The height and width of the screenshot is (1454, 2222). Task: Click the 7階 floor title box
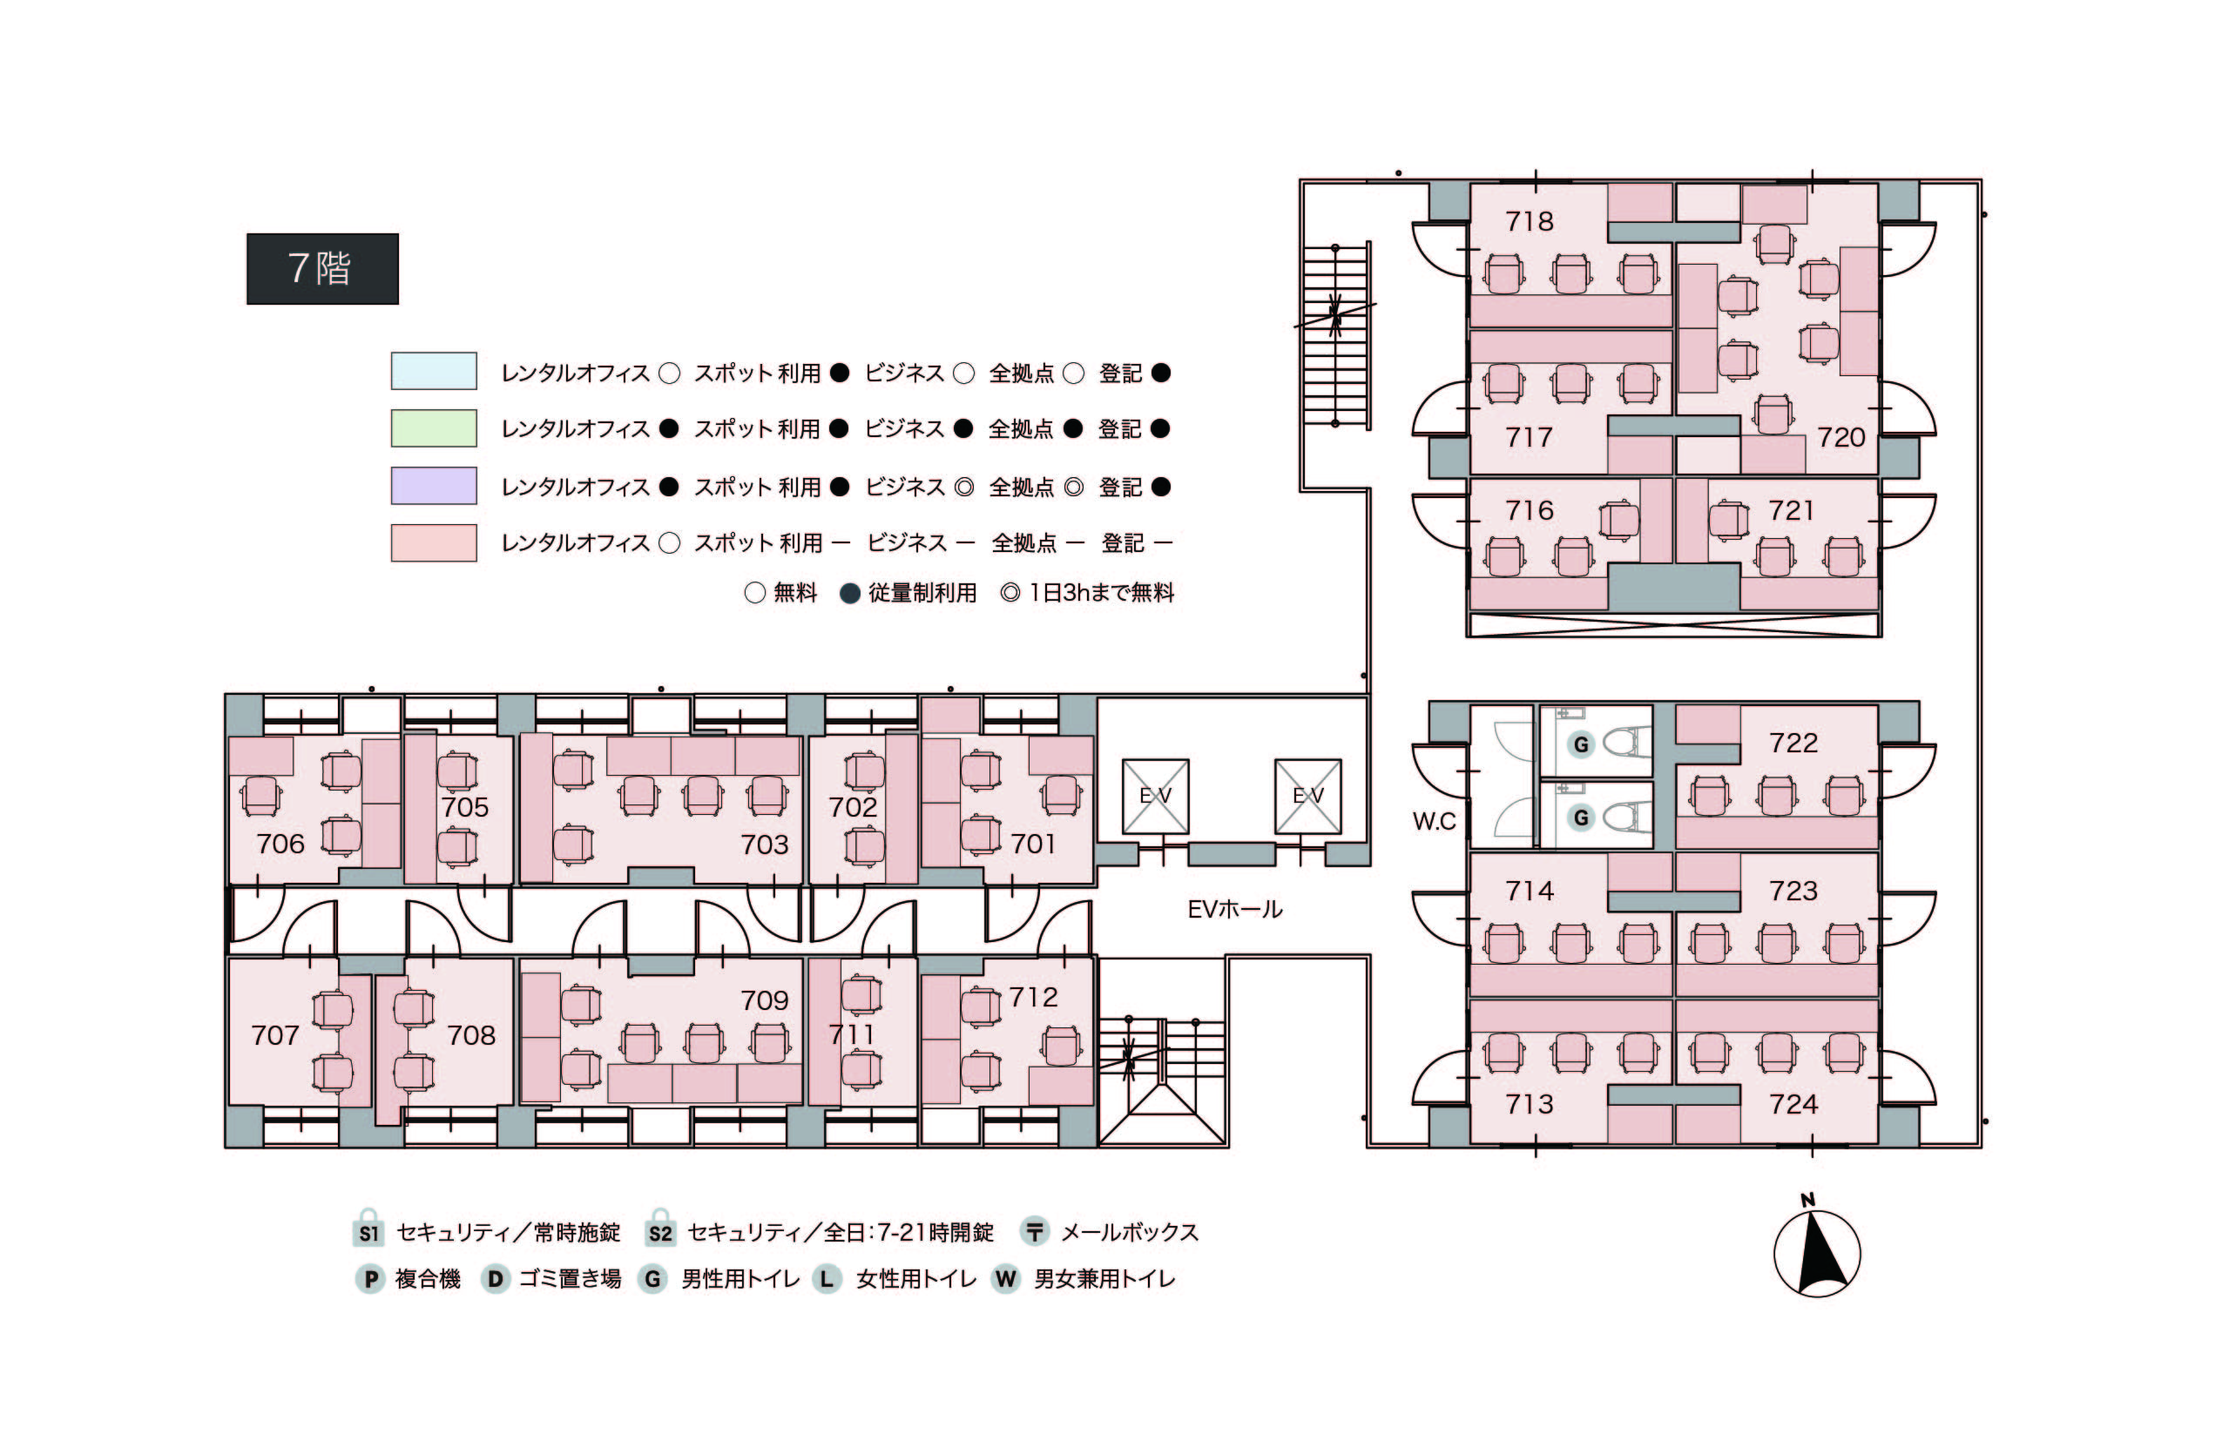(x=322, y=269)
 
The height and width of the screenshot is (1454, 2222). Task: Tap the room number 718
(x=1530, y=221)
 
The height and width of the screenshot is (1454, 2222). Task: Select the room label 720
(x=1840, y=437)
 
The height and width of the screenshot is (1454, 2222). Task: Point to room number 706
(x=280, y=844)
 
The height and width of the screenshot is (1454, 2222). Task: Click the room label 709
(x=765, y=1000)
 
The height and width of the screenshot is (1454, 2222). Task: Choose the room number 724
(x=1793, y=1104)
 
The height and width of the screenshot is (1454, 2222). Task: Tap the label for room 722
(x=1793, y=743)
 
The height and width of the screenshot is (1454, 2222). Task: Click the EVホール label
(x=1234, y=909)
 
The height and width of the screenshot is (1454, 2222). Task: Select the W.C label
(x=1434, y=821)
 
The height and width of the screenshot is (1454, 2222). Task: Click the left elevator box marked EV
(x=1155, y=796)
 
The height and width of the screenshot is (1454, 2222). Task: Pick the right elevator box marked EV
(x=1308, y=796)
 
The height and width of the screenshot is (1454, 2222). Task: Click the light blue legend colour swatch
(x=434, y=371)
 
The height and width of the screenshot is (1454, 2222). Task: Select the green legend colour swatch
(x=434, y=428)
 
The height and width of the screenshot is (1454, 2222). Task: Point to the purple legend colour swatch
(x=434, y=485)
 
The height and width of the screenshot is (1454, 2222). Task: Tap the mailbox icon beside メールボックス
(x=1034, y=1232)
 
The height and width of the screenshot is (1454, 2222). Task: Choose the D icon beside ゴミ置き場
(x=495, y=1278)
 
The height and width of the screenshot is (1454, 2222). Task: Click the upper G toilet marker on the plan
(x=1581, y=744)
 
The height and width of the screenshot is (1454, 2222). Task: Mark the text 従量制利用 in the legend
(x=922, y=593)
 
